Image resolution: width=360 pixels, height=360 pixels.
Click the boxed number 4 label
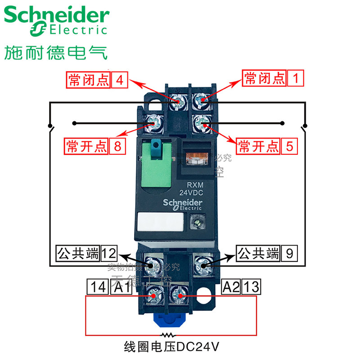(119, 80)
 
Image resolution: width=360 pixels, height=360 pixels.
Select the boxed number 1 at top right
(296, 78)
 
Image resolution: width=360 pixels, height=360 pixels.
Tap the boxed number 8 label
(117, 146)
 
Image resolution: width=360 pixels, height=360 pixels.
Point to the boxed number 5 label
(289, 146)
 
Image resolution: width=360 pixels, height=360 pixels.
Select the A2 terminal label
(232, 287)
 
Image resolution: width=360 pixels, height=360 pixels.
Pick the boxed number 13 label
(251, 287)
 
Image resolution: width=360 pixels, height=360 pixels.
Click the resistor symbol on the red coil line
(169, 335)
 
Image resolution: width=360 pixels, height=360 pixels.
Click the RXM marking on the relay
(196, 184)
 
